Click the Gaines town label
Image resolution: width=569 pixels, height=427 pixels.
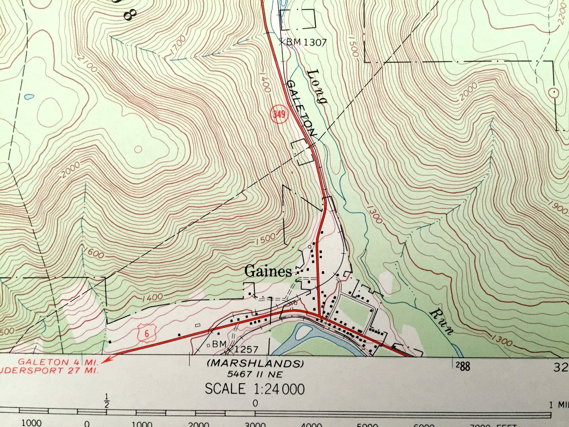268,271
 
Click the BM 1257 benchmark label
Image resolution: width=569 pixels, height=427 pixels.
235,347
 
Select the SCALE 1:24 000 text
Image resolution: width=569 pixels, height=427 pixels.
254,389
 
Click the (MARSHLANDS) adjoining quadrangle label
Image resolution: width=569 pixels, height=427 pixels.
255,363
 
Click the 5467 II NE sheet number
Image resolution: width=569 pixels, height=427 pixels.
255,374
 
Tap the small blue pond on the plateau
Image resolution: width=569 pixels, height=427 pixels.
29,96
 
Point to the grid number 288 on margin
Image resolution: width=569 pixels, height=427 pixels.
463,366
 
